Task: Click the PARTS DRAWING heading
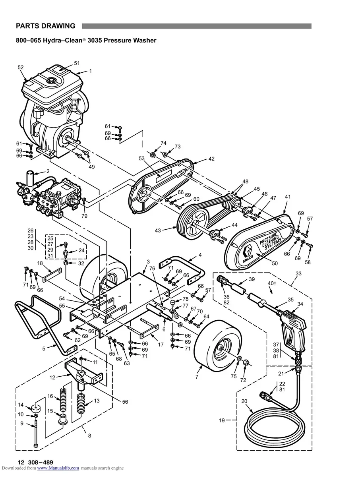tap(45, 26)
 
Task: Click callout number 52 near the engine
tap(21, 68)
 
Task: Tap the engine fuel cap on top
tap(51, 81)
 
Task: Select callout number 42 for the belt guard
tap(211, 159)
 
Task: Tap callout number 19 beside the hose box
tap(222, 420)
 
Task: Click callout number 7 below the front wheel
tap(197, 376)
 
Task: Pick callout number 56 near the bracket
tap(125, 402)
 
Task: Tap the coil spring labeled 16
tap(63, 403)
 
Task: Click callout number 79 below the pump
tap(84, 216)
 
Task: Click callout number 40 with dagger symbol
tap(272, 283)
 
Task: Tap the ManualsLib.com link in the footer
tap(58, 468)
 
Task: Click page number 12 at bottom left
tap(21, 462)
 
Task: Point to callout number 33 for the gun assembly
tap(299, 273)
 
